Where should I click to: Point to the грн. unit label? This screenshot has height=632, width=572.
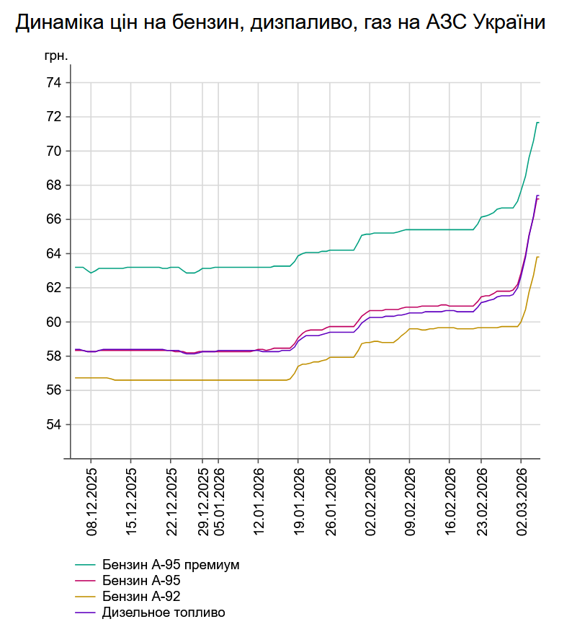coord(58,56)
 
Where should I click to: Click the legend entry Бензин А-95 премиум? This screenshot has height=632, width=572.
coord(170,564)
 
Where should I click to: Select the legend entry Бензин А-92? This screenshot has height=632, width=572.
coord(141,597)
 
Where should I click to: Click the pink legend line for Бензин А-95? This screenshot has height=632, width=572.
coord(86,581)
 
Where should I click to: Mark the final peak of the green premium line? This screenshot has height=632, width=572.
coord(537,123)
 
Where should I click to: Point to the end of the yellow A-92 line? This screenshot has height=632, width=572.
coord(538,257)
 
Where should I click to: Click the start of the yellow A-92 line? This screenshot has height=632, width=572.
coord(76,378)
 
